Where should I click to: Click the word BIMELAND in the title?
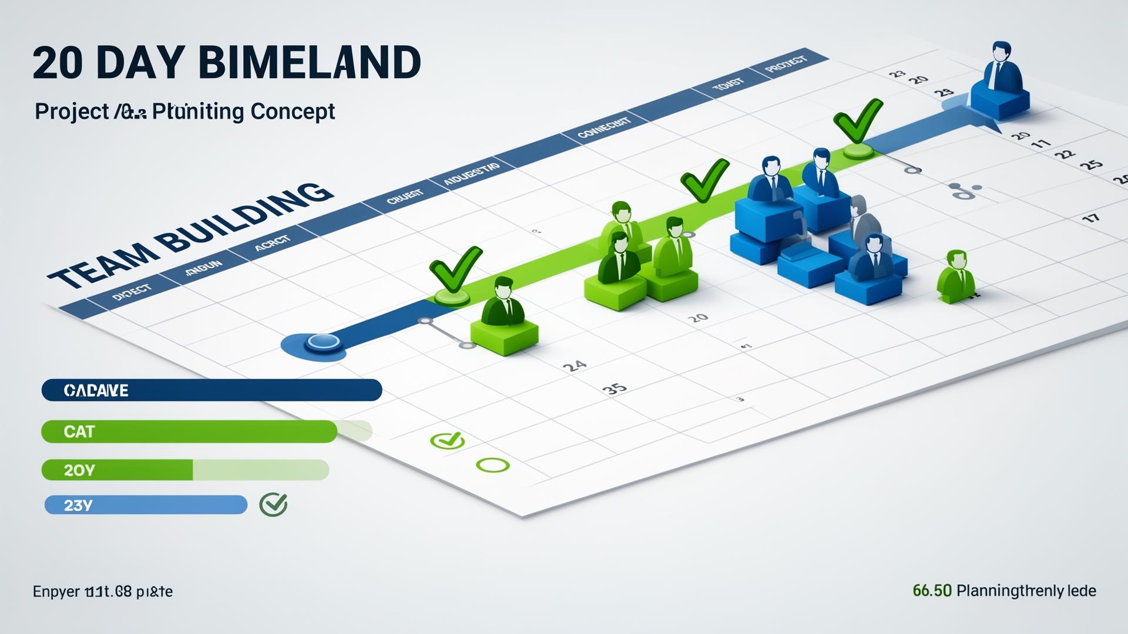pos(310,62)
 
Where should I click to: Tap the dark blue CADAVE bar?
pos(211,390)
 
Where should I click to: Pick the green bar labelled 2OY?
pos(117,470)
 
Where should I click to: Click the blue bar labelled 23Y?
pos(146,505)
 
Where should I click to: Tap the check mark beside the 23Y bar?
pos(273,504)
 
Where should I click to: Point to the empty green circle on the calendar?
pos(493,466)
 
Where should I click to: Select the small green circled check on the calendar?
pos(448,440)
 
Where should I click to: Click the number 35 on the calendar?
pos(615,389)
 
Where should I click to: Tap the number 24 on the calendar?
pos(574,366)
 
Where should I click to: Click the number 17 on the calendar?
pos(1090,218)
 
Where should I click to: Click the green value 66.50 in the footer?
pos(932,591)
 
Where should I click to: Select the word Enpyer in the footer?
pos(56,592)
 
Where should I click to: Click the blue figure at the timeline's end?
pos(1001,79)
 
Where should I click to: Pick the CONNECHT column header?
pos(604,127)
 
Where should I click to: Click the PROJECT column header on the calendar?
pos(787,64)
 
